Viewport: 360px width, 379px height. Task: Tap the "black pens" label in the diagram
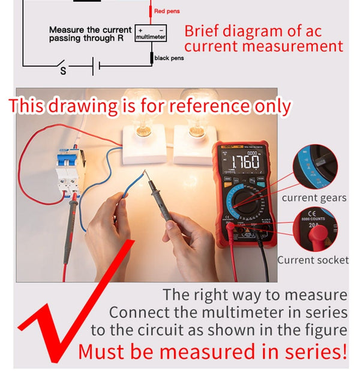169,58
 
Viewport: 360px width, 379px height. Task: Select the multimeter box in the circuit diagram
150,34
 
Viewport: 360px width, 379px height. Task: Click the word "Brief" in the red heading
202,31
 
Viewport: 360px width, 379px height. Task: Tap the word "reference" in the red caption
208,106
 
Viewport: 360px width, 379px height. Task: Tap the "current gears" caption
314,198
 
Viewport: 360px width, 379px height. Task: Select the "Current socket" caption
312,260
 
